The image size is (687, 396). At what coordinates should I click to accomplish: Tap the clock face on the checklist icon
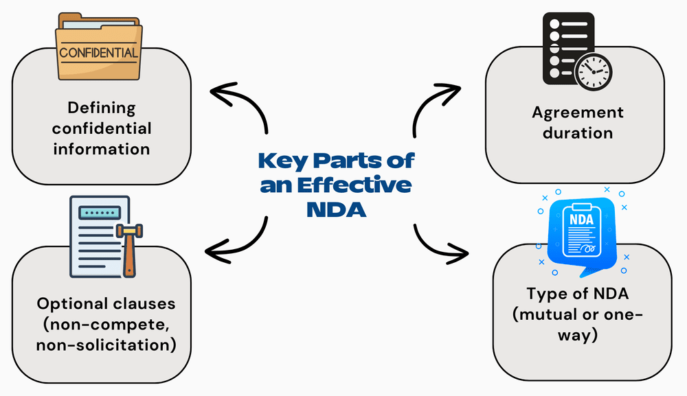click(594, 71)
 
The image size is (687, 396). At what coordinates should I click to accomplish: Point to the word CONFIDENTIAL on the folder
click(98, 52)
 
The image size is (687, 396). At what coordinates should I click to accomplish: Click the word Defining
click(102, 108)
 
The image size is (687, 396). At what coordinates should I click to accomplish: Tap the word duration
click(577, 132)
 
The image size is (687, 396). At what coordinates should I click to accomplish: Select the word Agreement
click(577, 112)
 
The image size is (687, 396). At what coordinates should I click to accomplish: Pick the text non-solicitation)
click(105, 344)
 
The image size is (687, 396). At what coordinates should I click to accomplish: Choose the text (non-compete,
click(105, 323)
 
